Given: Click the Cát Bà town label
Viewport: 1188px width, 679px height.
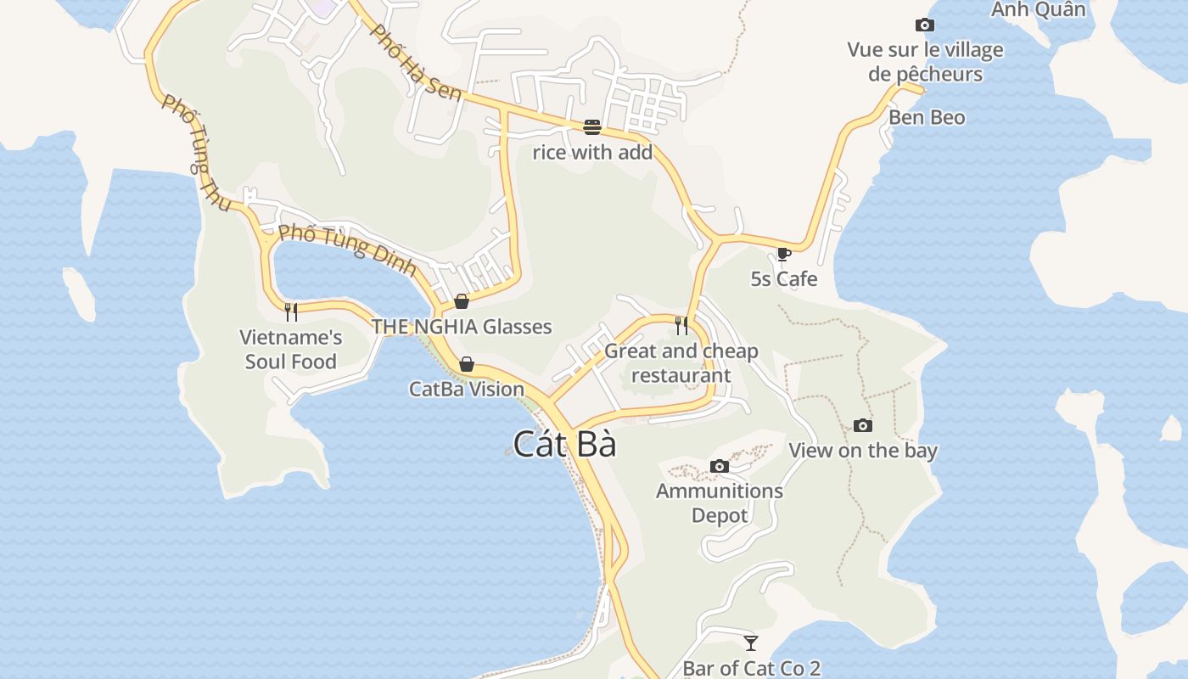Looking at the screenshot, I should (x=564, y=444).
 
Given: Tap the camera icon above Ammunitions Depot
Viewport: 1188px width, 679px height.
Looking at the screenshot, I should (x=719, y=466).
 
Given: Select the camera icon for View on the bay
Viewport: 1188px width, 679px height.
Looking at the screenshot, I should (x=862, y=425).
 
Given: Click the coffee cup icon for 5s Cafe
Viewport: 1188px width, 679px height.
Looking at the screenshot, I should (x=783, y=254).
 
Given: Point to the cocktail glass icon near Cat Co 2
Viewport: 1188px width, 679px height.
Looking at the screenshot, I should (x=750, y=643).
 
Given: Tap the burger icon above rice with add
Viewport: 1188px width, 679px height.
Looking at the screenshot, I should (x=591, y=127).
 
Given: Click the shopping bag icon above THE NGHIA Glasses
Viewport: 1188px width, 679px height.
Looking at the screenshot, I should (x=462, y=301).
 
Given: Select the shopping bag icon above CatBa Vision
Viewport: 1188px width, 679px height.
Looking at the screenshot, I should (x=467, y=364).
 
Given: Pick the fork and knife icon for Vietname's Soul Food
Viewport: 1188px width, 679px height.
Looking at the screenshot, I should (x=291, y=311).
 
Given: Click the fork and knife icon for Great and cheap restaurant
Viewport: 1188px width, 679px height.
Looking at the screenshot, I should (x=681, y=325).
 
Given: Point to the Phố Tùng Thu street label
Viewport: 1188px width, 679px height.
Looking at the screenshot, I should (x=196, y=153).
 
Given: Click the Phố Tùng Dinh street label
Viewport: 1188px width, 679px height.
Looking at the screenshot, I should (x=347, y=249).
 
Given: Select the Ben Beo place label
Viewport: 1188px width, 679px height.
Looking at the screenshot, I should (x=927, y=117).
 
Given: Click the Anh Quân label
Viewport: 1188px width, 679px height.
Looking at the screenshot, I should (x=1039, y=9).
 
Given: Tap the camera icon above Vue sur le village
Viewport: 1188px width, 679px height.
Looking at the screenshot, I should (x=924, y=25).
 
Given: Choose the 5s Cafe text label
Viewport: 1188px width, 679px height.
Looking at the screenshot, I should (x=784, y=279).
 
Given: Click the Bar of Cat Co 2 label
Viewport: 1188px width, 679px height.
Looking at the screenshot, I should (x=752, y=668).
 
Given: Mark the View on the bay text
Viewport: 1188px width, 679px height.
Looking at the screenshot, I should (x=863, y=451).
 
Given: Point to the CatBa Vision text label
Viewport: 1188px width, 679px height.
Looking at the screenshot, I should (x=467, y=390).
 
